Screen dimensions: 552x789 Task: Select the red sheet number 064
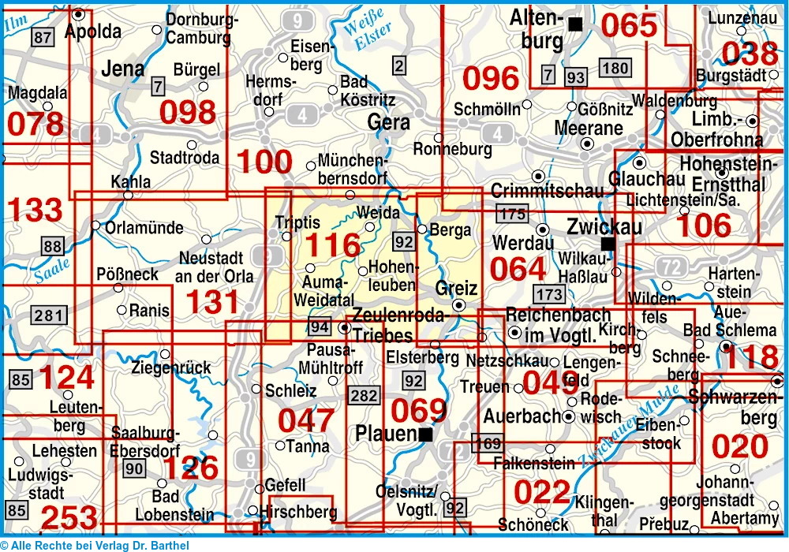518,269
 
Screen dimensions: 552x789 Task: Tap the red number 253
69,519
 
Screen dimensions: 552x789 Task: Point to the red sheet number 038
750,54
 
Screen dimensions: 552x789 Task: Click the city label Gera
389,122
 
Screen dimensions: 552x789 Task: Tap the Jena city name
122,69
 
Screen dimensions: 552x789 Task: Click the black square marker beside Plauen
426,434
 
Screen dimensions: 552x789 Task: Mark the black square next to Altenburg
576,24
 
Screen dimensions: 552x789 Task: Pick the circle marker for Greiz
459,305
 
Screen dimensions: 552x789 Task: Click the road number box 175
511,212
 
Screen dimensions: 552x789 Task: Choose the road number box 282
364,395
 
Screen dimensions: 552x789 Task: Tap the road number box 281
47,316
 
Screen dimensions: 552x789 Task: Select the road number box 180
615,68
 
